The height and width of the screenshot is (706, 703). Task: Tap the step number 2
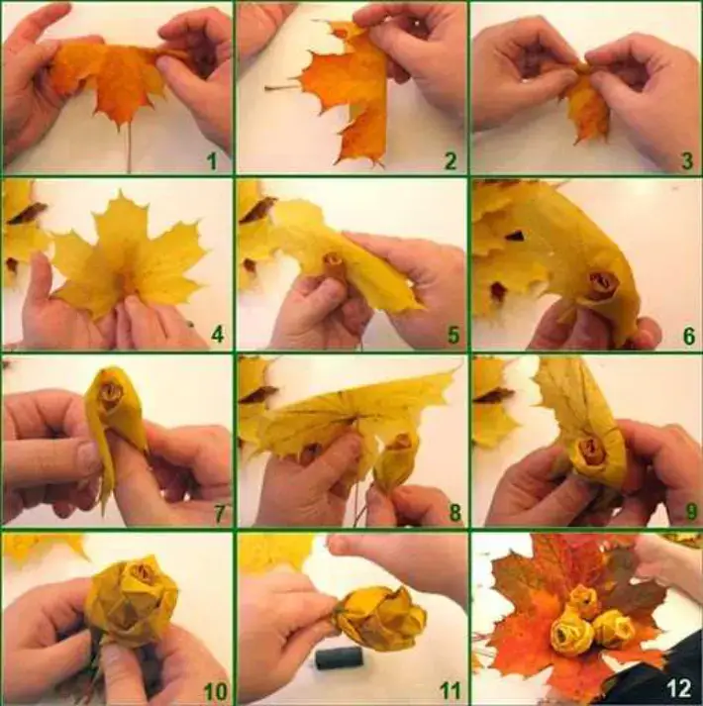(451, 159)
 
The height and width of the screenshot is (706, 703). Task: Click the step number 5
(452, 335)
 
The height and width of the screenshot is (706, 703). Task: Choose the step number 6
(688, 336)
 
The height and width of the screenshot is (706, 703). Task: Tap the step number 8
(452, 512)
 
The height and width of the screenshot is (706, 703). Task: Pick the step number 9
(688, 512)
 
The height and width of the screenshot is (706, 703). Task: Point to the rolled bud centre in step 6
(602, 284)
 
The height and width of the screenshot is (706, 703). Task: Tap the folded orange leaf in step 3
(588, 104)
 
